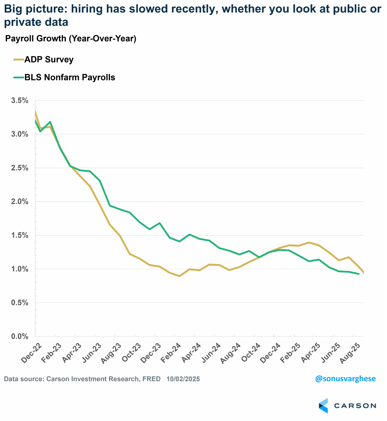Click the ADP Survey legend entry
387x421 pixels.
pos(49,60)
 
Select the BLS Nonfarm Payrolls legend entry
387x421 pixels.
pos(70,77)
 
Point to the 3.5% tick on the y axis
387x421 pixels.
pos(20,101)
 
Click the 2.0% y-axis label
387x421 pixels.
pos(20,202)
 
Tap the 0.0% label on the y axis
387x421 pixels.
pos(20,336)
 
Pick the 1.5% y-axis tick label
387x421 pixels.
pos(20,235)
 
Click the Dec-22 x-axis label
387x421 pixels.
pos(31,353)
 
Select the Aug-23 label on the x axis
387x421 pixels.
pos(111,354)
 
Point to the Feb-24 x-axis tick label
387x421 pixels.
pos(171,353)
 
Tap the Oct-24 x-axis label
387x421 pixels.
pos(251,353)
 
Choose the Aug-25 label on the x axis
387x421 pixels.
pos(350,353)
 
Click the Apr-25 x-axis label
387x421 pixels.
pos(310,353)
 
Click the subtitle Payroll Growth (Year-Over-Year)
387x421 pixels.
pos(71,39)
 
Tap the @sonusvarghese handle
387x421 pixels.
pos(345,378)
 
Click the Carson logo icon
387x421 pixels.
pos(323,405)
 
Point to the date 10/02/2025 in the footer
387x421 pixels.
pos(183,379)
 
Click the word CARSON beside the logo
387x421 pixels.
pos(355,406)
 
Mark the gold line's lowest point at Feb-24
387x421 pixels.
pos(180,276)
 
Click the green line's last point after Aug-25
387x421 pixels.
pos(359,274)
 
